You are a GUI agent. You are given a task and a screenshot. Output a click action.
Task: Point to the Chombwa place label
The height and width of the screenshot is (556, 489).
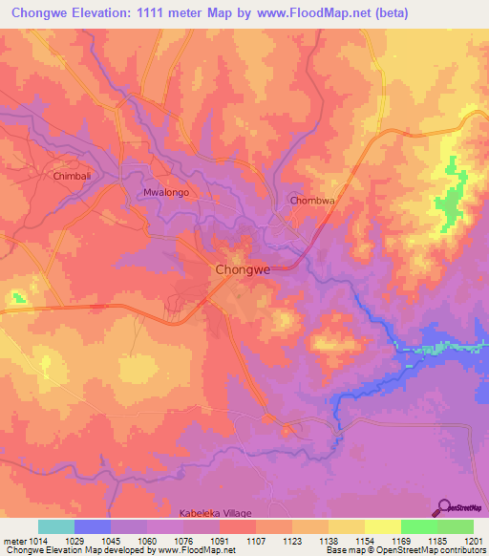pyautogui.click(x=314, y=201)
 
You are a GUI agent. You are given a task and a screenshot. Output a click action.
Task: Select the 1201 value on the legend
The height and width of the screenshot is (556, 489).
pyautogui.click(x=475, y=541)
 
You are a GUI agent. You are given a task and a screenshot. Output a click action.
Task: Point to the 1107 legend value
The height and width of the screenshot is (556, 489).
pyautogui.click(x=255, y=541)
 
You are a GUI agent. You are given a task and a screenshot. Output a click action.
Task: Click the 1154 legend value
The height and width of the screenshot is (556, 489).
pyautogui.click(x=365, y=541)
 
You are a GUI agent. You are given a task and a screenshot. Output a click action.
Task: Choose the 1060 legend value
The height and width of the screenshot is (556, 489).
pyautogui.click(x=146, y=541)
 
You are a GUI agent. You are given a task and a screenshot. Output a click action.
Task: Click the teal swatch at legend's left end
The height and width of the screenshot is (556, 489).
pyautogui.click(x=55, y=526)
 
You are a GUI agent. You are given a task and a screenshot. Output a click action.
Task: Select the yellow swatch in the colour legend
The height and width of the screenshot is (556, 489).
pyautogui.click(x=382, y=526)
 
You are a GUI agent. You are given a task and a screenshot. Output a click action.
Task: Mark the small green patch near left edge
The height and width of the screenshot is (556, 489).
pyautogui.click(x=16, y=297)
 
